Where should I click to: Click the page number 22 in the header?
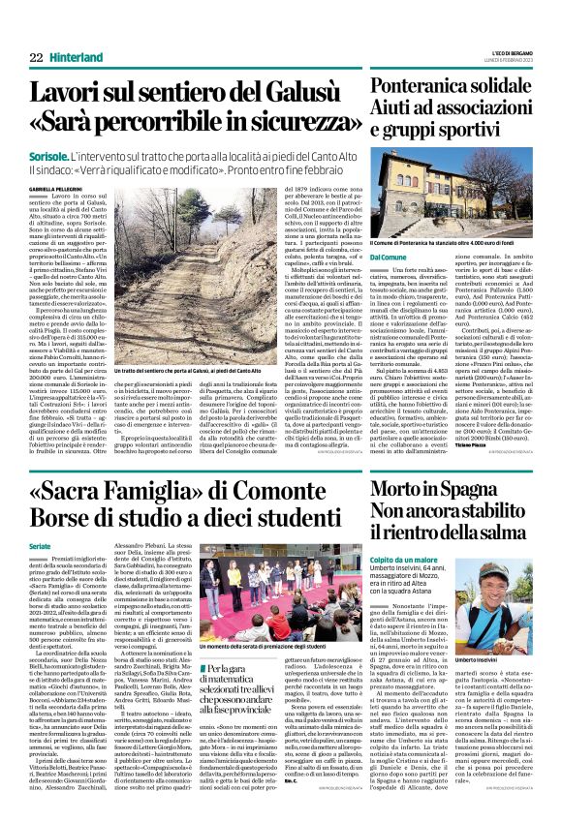36,59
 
